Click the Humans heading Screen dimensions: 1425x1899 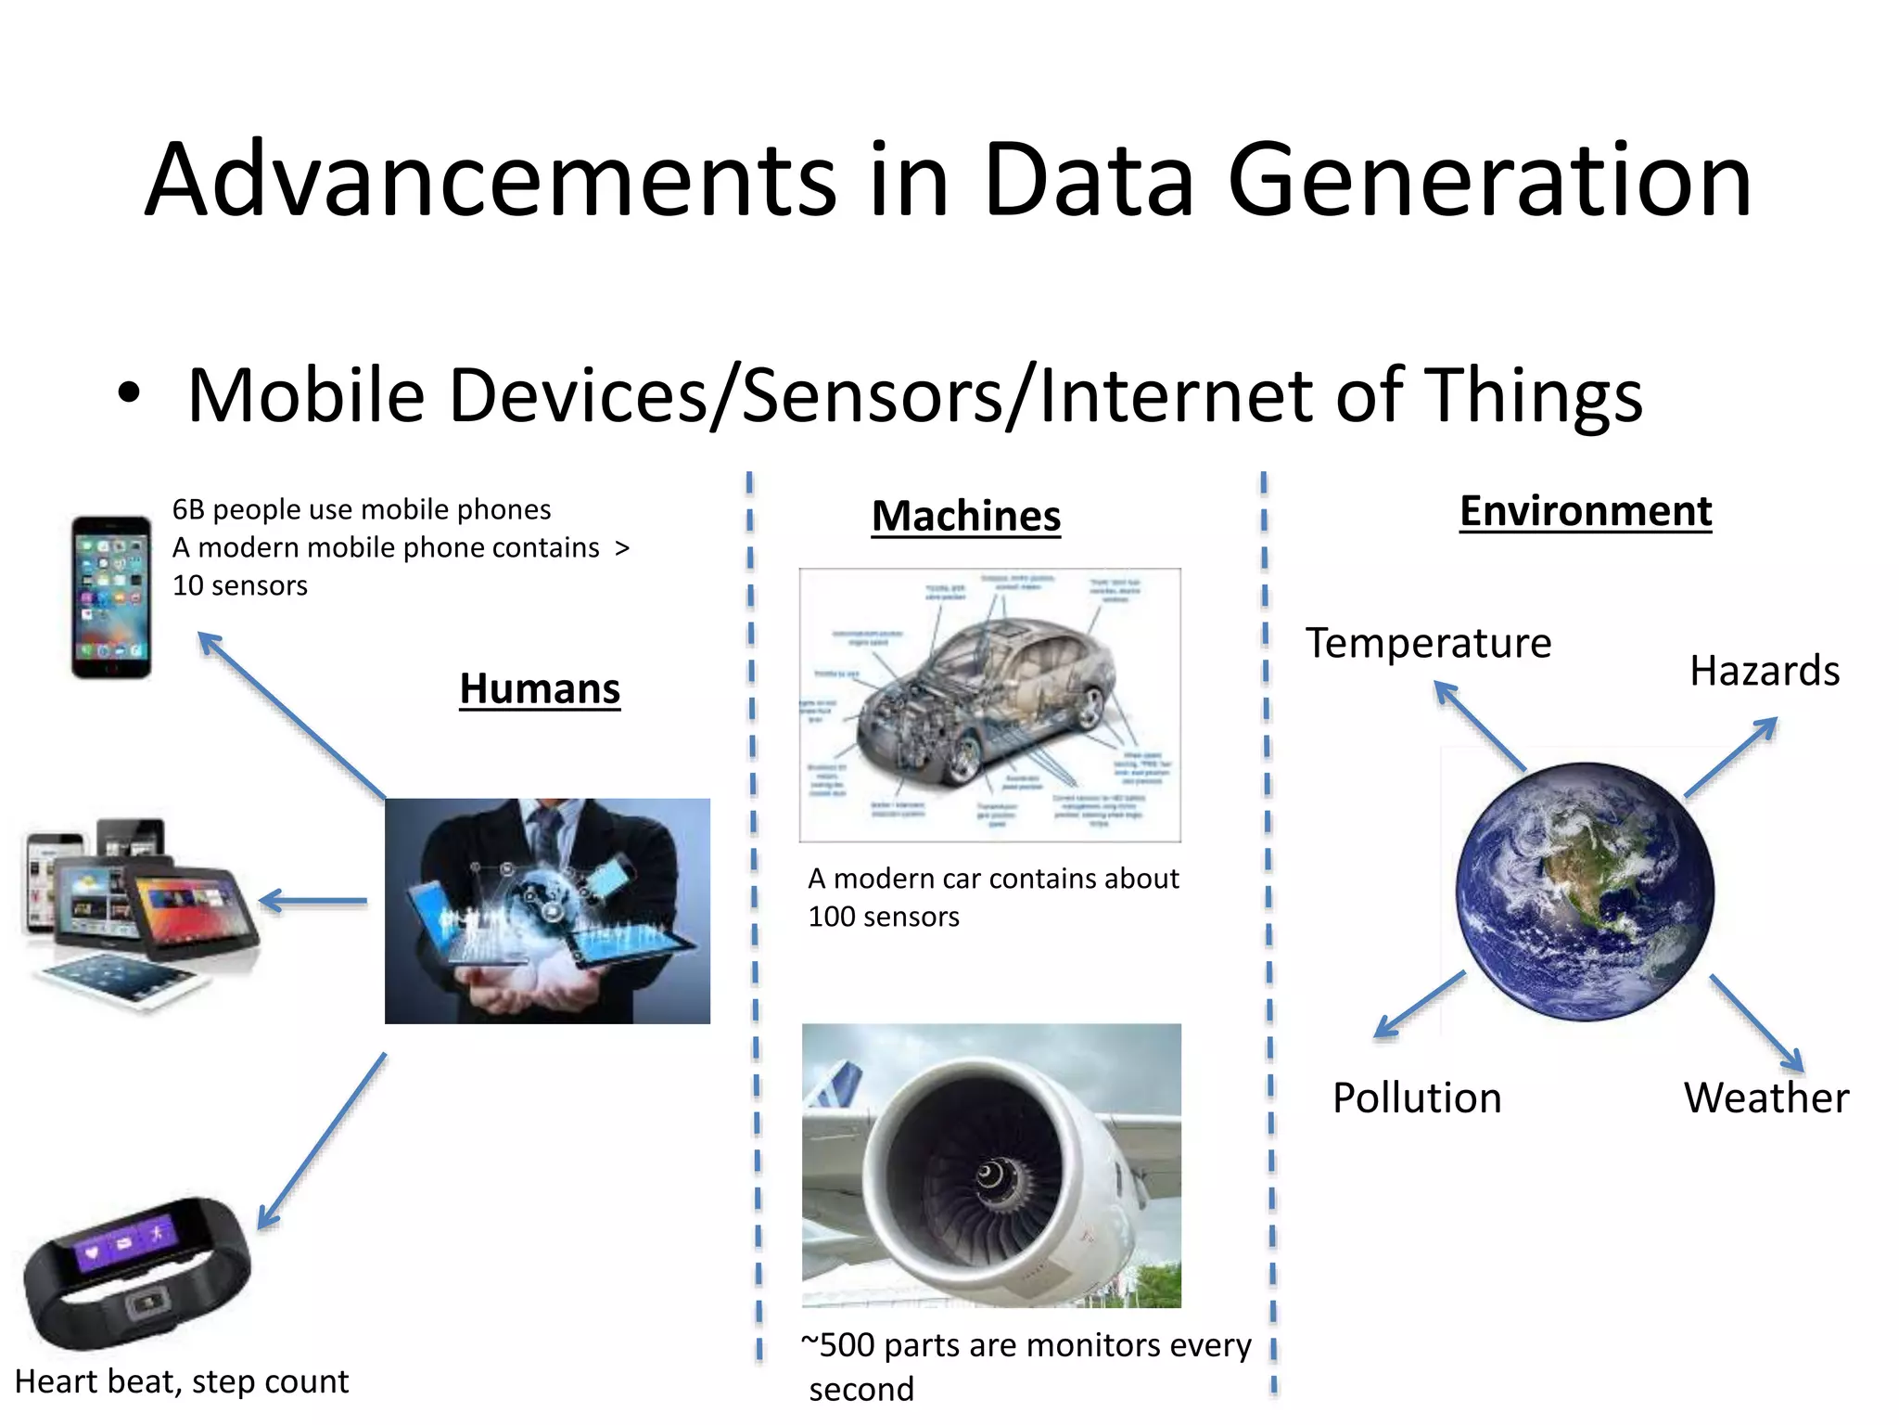[x=540, y=689]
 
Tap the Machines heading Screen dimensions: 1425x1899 [x=965, y=516]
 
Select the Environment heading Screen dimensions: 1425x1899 [x=1586, y=511]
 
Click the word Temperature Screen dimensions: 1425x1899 [x=1428, y=643]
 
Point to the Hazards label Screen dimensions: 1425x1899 [x=1764, y=671]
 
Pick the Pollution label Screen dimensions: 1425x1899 [x=1417, y=1098]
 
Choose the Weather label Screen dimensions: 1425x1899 [x=1766, y=1098]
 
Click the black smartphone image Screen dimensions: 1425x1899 [x=111, y=597]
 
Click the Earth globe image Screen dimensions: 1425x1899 [x=1585, y=892]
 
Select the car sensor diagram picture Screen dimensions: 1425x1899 [x=989, y=705]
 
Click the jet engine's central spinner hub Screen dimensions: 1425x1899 [x=989, y=1176]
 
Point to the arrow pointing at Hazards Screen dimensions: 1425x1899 [x=1731, y=756]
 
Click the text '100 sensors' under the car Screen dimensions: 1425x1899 [x=884, y=918]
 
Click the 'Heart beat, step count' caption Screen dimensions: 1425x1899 [x=182, y=1381]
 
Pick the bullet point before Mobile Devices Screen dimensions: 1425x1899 [x=129, y=394]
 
